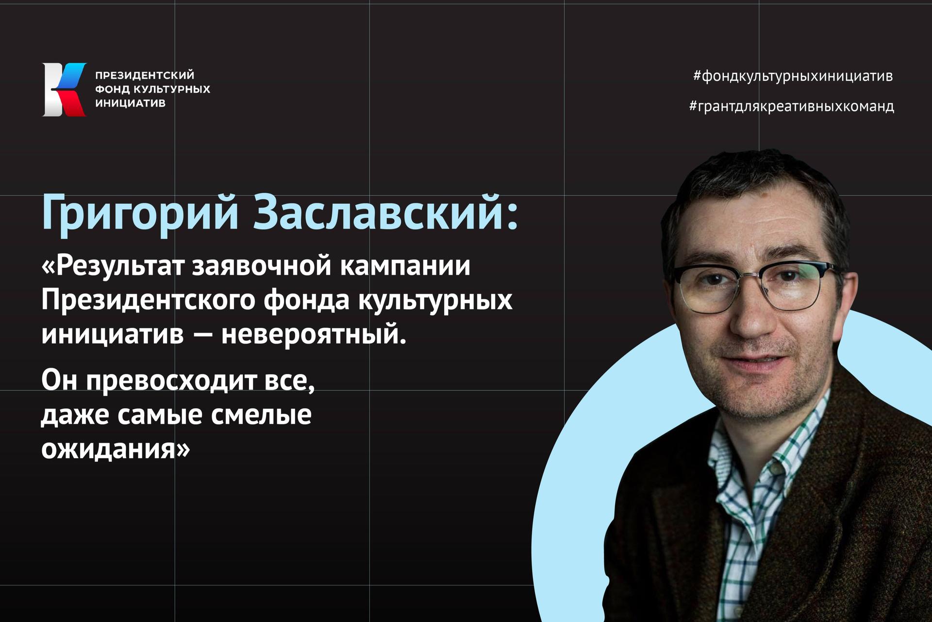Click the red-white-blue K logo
(x=65, y=89)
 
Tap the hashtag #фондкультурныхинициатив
(x=793, y=76)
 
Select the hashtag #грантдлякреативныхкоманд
(x=791, y=106)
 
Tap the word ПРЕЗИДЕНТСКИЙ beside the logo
(x=145, y=75)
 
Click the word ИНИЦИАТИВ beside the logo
(x=131, y=103)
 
